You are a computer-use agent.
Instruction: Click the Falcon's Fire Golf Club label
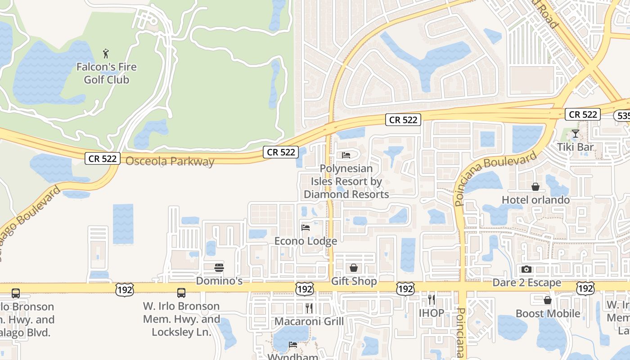coord(106,73)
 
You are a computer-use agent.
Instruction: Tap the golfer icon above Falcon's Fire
coord(106,54)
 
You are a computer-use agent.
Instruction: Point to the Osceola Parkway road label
coord(170,161)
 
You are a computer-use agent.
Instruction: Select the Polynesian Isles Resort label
coord(346,181)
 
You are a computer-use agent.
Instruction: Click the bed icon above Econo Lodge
coord(306,227)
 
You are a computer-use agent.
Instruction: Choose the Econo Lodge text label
coord(306,241)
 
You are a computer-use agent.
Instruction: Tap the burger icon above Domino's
coord(219,268)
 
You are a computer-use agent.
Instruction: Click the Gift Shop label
coord(354,281)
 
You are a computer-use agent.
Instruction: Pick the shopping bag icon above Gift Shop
coord(354,268)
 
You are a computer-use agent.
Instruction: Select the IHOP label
coord(431,313)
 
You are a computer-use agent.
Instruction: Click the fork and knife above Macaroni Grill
coord(309,308)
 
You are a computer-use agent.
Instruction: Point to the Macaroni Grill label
coord(309,321)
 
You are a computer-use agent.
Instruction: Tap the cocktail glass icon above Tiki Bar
coord(575,134)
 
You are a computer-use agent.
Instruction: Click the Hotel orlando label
coord(535,200)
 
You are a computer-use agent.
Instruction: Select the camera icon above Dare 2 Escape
coord(526,270)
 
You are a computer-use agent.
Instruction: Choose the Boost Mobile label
coord(548,313)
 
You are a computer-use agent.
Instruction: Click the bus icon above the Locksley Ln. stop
coord(181,293)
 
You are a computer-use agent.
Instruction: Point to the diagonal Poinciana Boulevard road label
coord(496,178)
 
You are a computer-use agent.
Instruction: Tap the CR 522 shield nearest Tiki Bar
coord(583,114)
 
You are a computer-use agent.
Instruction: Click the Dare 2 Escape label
coord(526,283)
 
